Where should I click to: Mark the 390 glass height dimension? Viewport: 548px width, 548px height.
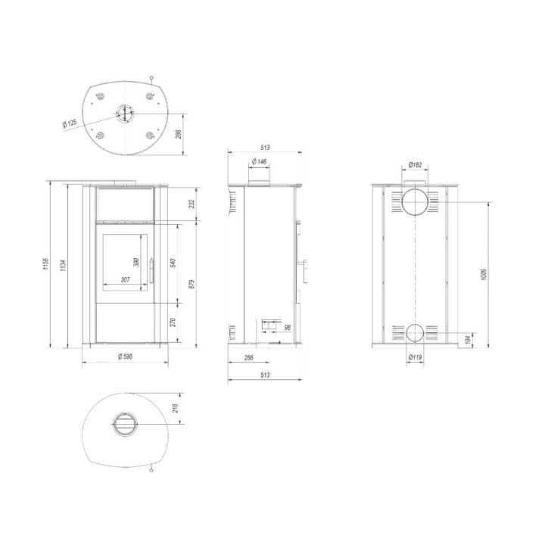[137, 262]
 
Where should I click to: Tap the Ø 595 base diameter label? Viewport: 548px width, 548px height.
[125, 356]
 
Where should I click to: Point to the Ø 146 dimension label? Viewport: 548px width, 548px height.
[260, 162]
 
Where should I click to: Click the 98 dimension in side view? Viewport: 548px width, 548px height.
[288, 327]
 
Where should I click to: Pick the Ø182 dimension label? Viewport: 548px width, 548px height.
[415, 164]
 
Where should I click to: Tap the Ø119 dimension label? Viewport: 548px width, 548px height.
[415, 357]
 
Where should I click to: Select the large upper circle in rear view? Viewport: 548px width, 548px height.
[415, 203]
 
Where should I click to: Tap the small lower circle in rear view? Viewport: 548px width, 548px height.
[415, 332]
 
